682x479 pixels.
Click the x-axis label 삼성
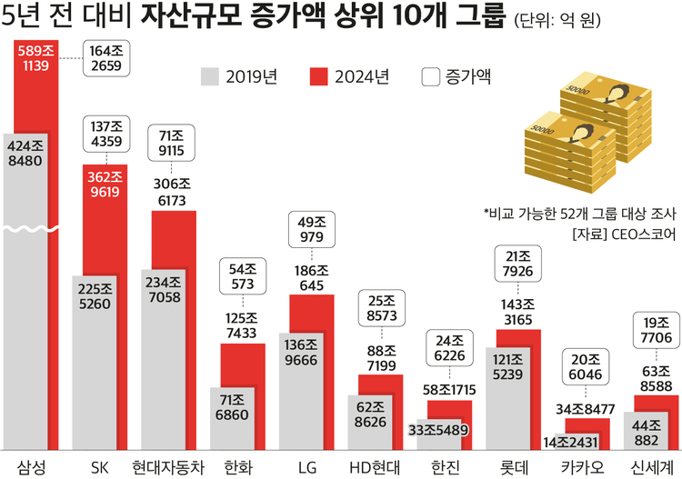[x=31, y=465]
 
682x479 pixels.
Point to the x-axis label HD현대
[x=373, y=465]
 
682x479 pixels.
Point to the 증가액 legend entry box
[x=431, y=77]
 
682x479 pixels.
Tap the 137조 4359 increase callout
[x=105, y=135]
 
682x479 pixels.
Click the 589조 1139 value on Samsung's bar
[x=31, y=56]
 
